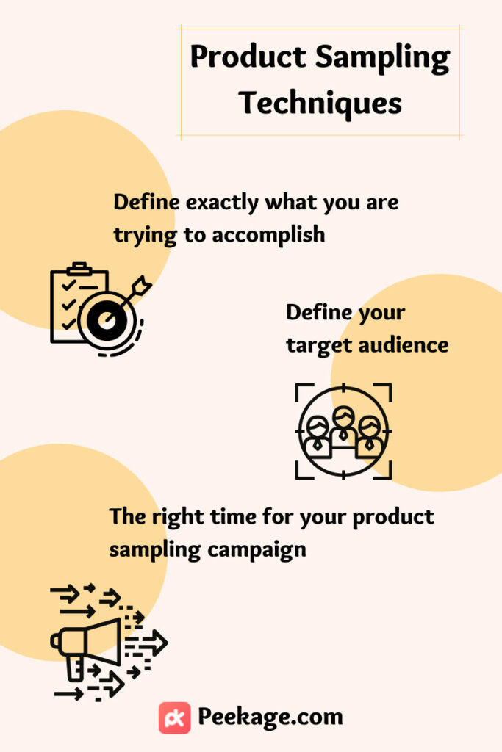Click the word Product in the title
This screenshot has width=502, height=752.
pos(248,57)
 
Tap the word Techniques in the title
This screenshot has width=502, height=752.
pos(320,103)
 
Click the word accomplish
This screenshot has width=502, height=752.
pos(268,236)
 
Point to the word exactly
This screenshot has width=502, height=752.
pos(222,203)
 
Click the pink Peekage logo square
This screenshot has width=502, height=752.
pos(175,718)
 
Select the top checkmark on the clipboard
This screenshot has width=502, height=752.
pos(68,285)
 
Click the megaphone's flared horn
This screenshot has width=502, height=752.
pos(103,642)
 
